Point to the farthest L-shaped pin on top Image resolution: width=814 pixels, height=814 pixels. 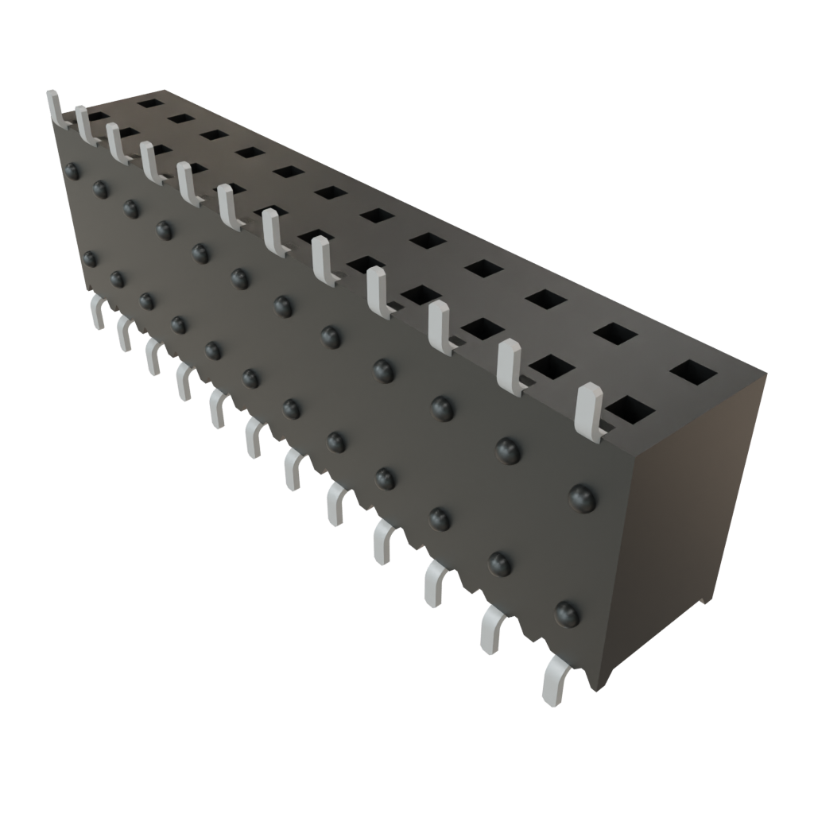pyautogui.click(x=55, y=108)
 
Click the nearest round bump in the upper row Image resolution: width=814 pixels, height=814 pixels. pyautogui.click(x=583, y=497)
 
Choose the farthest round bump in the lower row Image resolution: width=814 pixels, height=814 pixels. pyautogui.click(x=90, y=258)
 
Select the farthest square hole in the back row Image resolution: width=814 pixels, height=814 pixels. pyautogui.click(x=146, y=102)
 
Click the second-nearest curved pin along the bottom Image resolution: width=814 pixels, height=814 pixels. pyautogui.click(x=493, y=628)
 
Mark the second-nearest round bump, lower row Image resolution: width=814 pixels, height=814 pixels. pyautogui.click(x=498, y=563)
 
